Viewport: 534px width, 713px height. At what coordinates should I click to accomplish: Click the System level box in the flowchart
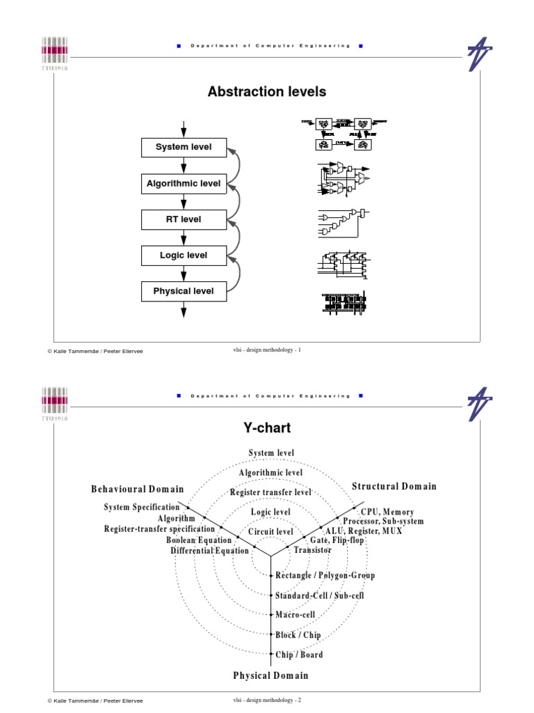[184, 148]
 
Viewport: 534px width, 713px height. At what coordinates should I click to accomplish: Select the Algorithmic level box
[184, 184]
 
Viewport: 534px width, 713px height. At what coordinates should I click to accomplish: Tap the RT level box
[184, 219]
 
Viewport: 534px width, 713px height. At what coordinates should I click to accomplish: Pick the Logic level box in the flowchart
[184, 256]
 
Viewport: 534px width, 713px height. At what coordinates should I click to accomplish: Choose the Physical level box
[184, 291]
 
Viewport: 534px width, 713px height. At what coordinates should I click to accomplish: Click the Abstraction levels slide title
[267, 92]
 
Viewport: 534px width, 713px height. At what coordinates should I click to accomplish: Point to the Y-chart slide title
[267, 428]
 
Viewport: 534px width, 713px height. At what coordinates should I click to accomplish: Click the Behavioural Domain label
[138, 489]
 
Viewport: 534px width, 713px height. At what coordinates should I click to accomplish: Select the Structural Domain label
[394, 487]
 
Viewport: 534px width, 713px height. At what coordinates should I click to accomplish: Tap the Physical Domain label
[270, 675]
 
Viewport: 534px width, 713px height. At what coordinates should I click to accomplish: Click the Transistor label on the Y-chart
[313, 550]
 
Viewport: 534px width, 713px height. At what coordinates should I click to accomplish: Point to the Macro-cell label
[296, 615]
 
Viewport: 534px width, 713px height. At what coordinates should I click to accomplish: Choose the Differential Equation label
[209, 551]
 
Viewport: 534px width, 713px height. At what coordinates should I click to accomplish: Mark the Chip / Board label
[300, 655]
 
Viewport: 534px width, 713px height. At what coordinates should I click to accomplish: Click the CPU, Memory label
[387, 512]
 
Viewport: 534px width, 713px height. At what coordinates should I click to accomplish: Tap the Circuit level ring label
[270, 532]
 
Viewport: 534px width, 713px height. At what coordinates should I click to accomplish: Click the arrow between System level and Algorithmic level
[184, 166]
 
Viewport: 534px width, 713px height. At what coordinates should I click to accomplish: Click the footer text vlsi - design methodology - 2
[267, 700]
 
